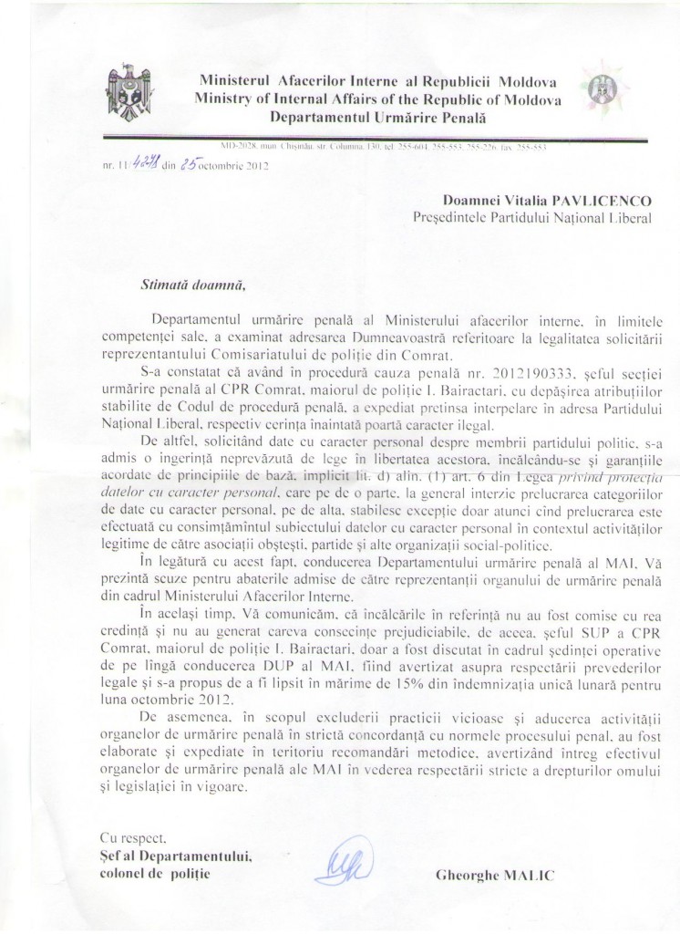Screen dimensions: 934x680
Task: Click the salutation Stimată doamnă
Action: [x=193, y=282]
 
